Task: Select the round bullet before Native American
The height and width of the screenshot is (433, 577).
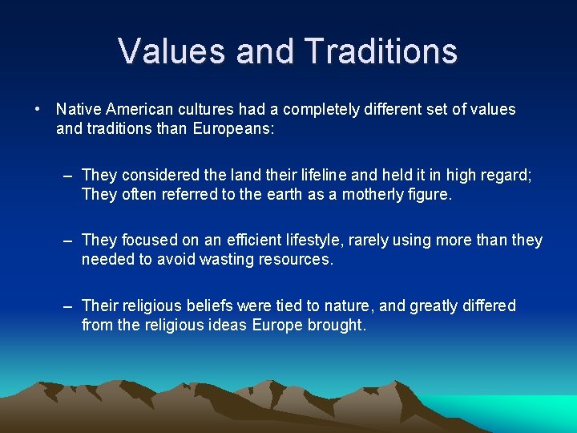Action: click(38, 109)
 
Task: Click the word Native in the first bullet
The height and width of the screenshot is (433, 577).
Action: click(77, 109)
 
